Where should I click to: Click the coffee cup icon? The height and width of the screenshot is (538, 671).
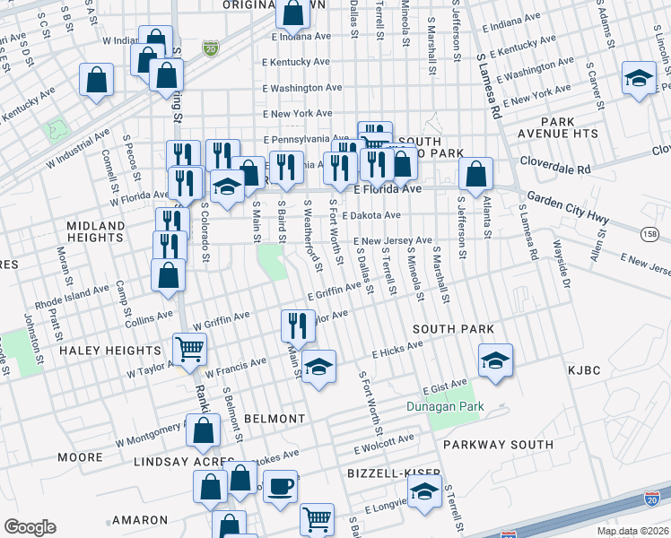280,487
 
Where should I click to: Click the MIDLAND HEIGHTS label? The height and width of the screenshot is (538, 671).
94,231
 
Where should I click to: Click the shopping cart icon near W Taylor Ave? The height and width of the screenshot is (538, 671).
189,348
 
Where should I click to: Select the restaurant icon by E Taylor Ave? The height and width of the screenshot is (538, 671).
298,324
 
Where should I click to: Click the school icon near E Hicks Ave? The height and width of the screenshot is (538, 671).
495,360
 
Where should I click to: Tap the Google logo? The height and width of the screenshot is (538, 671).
30,527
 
